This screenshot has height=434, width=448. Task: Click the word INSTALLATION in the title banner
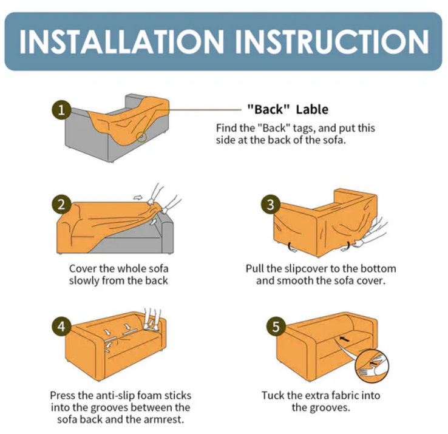pos(121,41)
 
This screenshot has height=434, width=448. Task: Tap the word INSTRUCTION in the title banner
pos(332,41)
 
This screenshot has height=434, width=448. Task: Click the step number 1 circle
pos(61,110)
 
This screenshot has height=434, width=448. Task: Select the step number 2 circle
pos(61,205)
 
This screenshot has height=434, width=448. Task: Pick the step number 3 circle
pos(271,205)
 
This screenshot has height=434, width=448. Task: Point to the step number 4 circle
pos(61,327)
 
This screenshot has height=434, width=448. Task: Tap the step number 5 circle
pos(276,327)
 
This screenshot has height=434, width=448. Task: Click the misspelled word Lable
pos(312,109)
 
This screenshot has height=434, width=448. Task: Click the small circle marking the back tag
pos(141,137)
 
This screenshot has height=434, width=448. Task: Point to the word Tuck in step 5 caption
pos(273,396)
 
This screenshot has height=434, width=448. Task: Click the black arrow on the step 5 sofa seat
pos(345,339)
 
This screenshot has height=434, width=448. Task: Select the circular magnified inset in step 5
pos(372,366)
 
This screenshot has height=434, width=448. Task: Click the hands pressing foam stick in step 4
pos(152,319)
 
